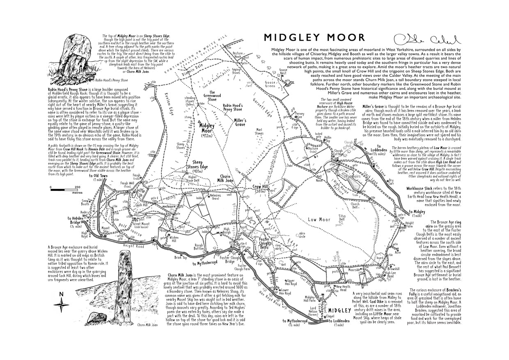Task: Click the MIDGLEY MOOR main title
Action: (314, 38)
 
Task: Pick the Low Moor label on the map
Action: (319, 220)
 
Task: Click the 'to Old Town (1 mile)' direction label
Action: (98, 178)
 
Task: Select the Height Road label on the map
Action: (133, 246)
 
